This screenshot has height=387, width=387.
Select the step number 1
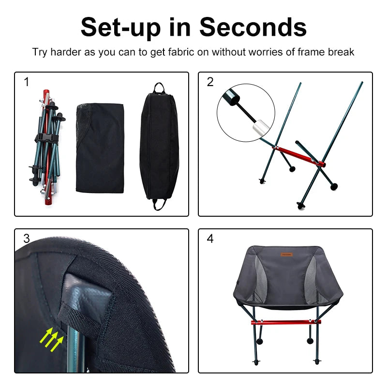click(x=27, y=82)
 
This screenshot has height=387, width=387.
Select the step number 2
click(x=210, y=82)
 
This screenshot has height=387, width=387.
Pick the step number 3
click(x=27, y=238)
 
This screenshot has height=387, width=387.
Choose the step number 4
click(x=210, y=238)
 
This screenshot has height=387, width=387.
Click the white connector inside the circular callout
click(x=259, y=128)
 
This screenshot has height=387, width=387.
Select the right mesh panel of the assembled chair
click(x=310, y=281)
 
